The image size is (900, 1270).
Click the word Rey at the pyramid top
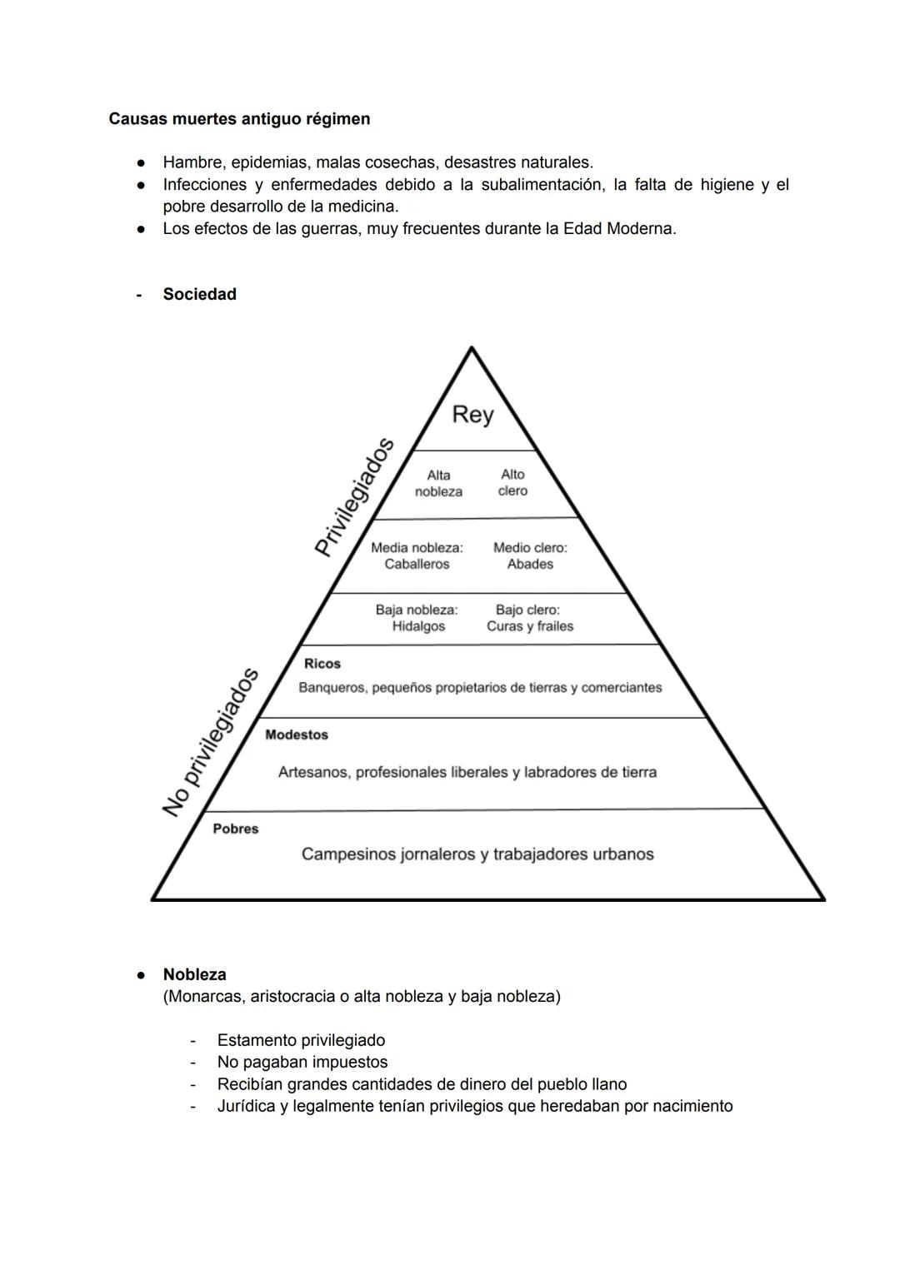pyautogui.click(x=472, y=414)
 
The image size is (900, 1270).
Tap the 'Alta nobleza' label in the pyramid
pyautogui.click(x=438, y=483)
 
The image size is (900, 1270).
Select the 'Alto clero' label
pyautogui.click(x=512, y=482)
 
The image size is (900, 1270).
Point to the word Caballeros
pyautogui.click(x=417, y=564)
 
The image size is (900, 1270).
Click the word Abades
pyautogui.click(x=530, y=564)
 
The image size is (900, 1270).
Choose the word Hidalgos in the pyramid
pyautogui.click(x=418, y=626)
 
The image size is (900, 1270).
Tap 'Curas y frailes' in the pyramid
pyautogui.click(x=530, y=626)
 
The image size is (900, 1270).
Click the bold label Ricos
pyautogui.click(x=322, y=664)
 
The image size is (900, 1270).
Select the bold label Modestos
pyautogui.click(x=297, y=735)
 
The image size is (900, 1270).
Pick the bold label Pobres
pyautogui.click(x=236, y=829)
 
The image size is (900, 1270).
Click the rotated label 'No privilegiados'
pyautogui.click(x=211, y=742)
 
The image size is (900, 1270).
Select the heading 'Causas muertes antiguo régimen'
pyautogui.click(x=239, y=119)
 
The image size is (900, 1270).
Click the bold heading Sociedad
pyautogui.click(x=200, y=294)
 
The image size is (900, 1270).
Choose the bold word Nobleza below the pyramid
pyautogui.click(x=195, y=974)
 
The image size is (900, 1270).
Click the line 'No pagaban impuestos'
pyautogui.click(x=302, y=1062)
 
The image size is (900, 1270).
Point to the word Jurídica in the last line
pyautogui.click(x=247, y=1106)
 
